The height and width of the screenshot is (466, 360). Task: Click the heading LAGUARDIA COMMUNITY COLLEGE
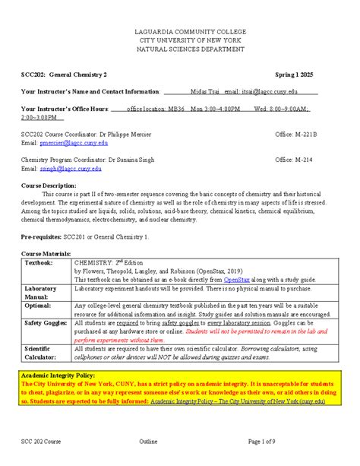pyautogui.click(x=179, y=30)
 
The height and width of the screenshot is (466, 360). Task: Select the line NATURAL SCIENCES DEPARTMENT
pyautogui.click(x=179, y=49)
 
